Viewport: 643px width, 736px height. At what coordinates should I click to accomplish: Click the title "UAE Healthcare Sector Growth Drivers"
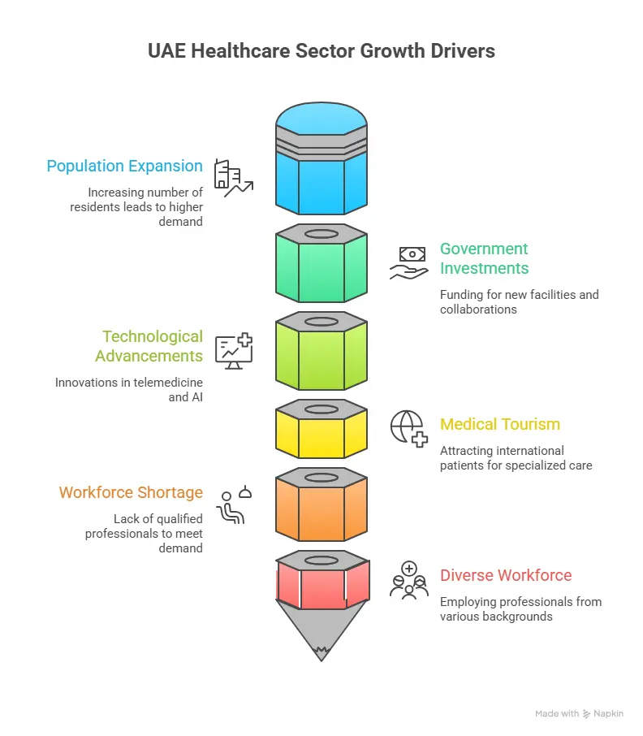coord(321,51)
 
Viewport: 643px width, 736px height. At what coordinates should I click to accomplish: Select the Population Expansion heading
coord(124,167)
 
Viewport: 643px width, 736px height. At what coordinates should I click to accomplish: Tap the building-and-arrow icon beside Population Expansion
coord(233,178)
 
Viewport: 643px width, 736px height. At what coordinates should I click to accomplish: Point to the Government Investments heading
coord(484,258)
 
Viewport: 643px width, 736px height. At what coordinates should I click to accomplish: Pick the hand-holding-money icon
coord(409,263)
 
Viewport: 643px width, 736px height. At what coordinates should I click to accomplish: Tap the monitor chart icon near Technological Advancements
coord(234,351)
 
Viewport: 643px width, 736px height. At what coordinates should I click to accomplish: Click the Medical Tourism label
coord(500,424)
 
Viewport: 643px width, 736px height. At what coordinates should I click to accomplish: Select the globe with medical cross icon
coord(409,428)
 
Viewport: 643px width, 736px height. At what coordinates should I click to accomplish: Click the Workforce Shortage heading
coord(131,493)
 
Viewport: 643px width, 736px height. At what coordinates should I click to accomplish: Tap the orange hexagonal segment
coord(321,508)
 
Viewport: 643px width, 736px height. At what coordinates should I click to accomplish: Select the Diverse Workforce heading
coord(506,576)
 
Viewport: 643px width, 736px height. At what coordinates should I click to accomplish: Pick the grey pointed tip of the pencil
coord(321,629)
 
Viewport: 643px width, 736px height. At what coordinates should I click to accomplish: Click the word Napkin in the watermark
coord(609,713)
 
